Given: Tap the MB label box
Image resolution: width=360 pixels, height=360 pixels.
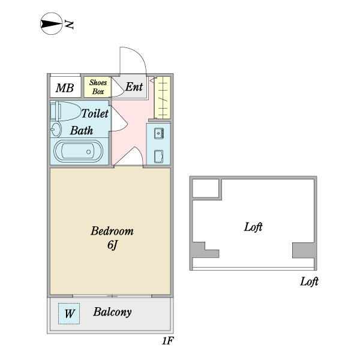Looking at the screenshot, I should click(65, 88).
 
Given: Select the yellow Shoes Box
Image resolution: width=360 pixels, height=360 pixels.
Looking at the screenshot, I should click(98, 88).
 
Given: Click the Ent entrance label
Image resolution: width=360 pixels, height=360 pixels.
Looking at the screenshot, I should click(134, 87).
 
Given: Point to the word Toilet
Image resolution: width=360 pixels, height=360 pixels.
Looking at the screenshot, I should click(95, 113).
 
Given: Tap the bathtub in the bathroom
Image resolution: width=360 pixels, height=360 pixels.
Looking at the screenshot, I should click(77, 151).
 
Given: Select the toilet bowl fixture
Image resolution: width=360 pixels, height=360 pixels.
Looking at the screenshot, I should click(67, 111).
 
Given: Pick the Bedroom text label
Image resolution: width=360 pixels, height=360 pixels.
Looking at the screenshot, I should click(112, 231).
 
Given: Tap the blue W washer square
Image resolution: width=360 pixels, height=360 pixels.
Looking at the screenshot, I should click(70, 313).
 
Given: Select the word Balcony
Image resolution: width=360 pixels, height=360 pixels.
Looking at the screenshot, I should click(112, 312).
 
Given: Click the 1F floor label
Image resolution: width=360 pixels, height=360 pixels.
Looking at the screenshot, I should click(167, 341).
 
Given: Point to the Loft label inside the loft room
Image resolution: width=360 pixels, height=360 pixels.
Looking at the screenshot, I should click(253, 227).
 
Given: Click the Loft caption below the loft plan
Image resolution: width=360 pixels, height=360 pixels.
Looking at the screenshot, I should click(309, 281).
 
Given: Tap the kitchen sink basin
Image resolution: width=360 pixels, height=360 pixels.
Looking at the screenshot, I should click(159, 133).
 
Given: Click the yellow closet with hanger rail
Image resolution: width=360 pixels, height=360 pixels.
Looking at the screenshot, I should click(163, 97).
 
